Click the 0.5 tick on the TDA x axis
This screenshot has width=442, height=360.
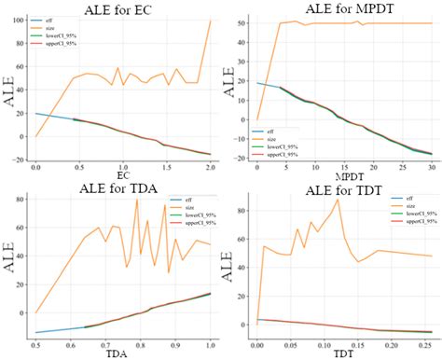coord(36,346)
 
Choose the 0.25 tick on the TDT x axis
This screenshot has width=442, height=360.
coord(422,346)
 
